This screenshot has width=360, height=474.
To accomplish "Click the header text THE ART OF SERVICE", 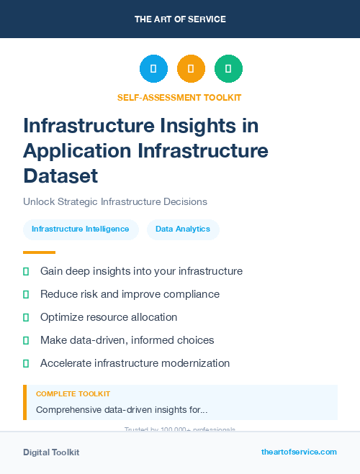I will coord(180,19).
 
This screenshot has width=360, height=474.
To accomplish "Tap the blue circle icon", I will coord(153,69).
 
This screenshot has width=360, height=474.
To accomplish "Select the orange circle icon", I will coord(191,69).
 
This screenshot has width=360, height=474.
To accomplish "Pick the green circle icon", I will coord(228,69).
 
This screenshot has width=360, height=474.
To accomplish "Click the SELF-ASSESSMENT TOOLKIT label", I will coord(179,97).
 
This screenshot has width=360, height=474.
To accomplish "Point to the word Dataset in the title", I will coord(60,176).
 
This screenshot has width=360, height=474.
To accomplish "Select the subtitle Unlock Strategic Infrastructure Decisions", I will coord(115,202).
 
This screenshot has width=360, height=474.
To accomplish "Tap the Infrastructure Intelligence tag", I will coord(81,229).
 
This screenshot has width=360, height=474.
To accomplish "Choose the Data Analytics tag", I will coord(183,229).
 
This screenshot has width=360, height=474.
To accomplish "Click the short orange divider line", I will coord(39,252).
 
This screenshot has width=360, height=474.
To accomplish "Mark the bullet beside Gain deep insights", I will coord(26,271).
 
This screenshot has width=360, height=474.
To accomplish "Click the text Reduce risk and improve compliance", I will coord(130,294).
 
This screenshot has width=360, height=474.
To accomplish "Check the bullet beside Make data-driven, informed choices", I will coord(26,340).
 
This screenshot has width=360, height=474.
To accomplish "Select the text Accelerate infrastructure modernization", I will coord(135,363).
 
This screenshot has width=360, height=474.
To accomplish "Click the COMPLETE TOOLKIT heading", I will coord(73,394).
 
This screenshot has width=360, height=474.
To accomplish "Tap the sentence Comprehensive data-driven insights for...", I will coord(122,410).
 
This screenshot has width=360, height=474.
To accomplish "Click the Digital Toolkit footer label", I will coord(51,452).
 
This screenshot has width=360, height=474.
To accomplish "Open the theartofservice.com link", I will coord(299,452).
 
